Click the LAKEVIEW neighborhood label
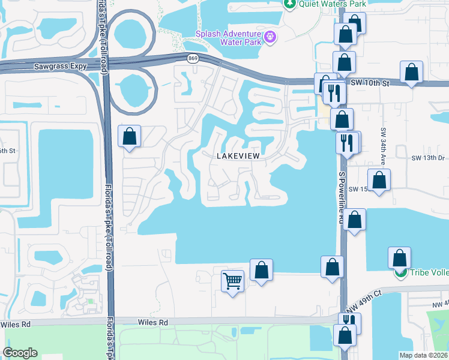tap(238, 155)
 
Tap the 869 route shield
tap(192, 58)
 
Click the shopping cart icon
tap(232, 280)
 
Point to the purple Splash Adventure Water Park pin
tap(271, 37)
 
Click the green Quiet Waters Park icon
tap(290, 4)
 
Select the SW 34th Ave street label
tap(382, 146)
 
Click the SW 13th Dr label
tap(427, 158)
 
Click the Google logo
tap(20, 353)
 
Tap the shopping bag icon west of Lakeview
tap(130, 137)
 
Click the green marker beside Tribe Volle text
tap(400, 273)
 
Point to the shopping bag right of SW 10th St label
tap(412, 73)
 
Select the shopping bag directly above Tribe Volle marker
tap(400, 259)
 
